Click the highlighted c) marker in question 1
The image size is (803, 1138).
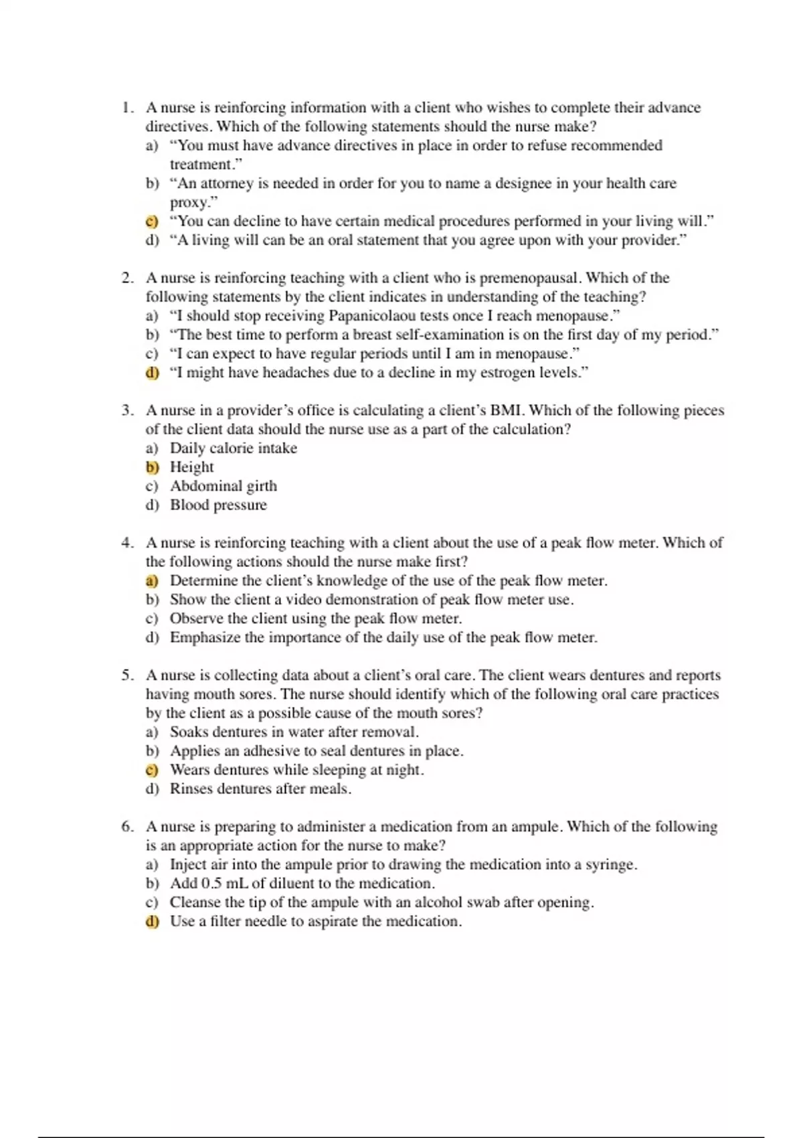152,222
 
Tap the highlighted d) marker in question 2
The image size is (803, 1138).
152,373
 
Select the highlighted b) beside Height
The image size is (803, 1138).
152,467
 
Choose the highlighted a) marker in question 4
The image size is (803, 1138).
152,581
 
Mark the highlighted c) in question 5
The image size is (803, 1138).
152,770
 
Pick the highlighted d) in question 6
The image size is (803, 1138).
152,922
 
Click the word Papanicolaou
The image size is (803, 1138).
371,316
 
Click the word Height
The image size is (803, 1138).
192,467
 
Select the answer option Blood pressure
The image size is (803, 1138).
218,505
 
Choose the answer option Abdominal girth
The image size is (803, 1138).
224,487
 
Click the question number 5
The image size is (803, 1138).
127,675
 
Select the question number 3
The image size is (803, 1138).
127,410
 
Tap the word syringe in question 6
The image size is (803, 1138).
609,865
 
